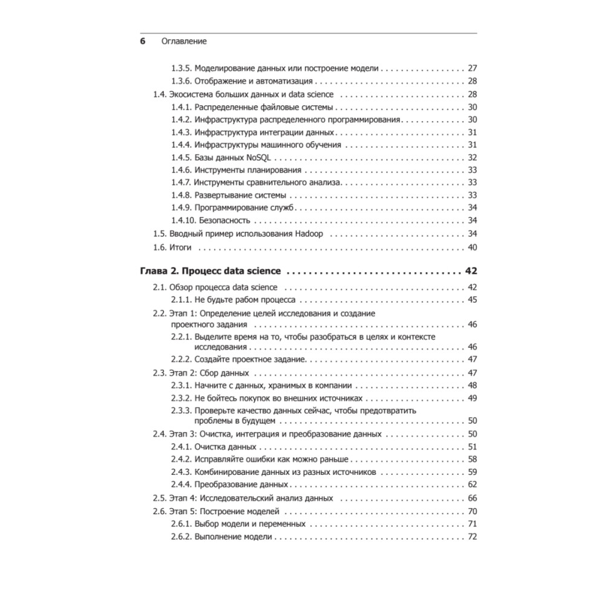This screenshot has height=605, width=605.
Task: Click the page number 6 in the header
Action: tap(143, 41)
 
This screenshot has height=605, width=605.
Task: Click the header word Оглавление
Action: tap(184, 41)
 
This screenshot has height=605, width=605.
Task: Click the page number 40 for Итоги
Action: tap(473, 247)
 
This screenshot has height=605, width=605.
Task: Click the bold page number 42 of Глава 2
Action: tap(472, 270)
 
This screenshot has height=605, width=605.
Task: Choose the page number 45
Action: tap(473, 300)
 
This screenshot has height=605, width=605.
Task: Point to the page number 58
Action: tap(473, 459)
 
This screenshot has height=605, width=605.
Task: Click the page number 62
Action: tap(473, 485)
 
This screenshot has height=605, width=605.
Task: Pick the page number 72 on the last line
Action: tap(473, 537)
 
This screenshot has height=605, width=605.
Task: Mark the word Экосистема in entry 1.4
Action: tap(192, 94)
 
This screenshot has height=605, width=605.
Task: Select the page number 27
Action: tap(473, 68)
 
